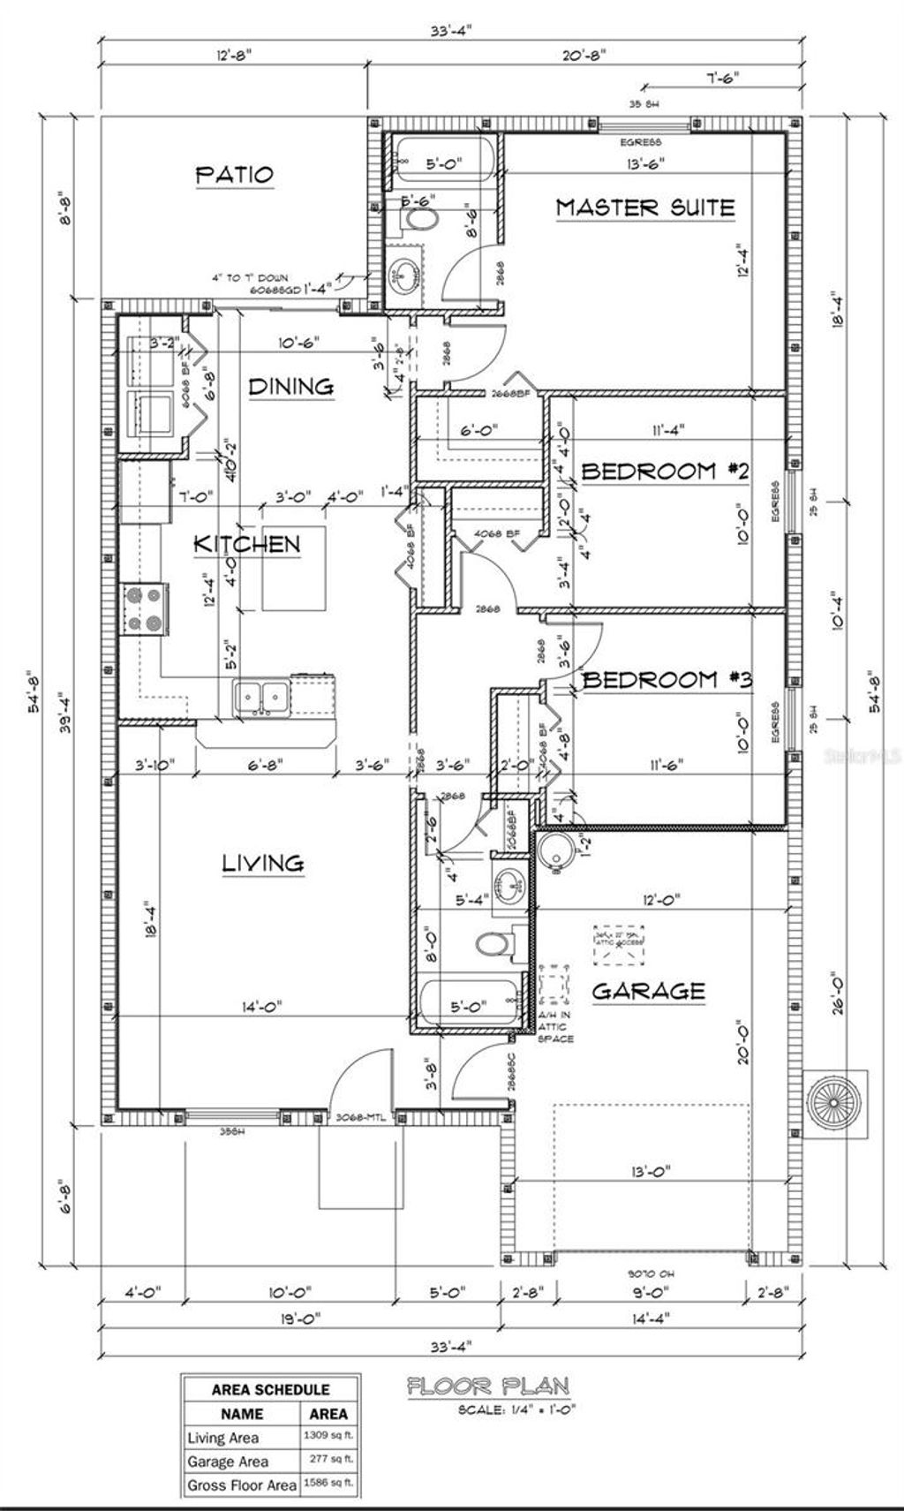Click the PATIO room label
[234, 175]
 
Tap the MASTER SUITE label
[644, 208]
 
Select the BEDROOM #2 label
[664, 471]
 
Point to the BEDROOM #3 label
[667, 679]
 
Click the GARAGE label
[648, 991]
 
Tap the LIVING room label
[263, 863]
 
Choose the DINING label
[290, 386]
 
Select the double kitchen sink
[261, 698]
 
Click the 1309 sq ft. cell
[328, 1437]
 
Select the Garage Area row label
[228, 1462]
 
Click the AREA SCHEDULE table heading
[270, 1389]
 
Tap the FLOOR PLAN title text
[487, 1387]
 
